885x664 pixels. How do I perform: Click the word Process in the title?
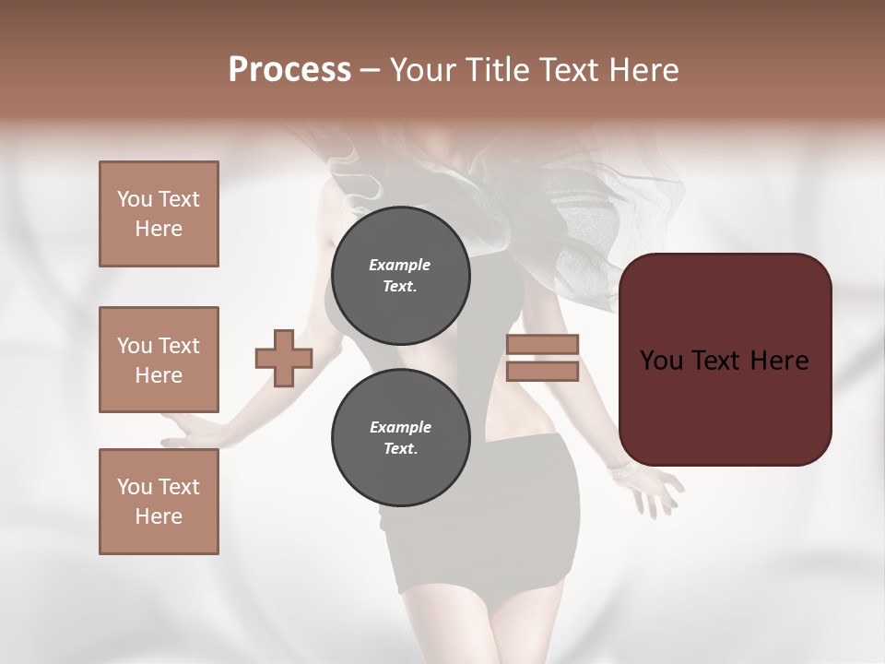(x=289, y=70)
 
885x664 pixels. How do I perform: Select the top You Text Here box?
(x=159, y=214)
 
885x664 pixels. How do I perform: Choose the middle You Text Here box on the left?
(x=159, y=360)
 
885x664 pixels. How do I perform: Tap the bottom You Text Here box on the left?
(x=159, y=501)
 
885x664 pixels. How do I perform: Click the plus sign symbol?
(x=284, y=359)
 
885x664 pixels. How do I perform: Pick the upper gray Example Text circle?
(x=400, y=275)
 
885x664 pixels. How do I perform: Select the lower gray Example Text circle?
(x=400, y=437)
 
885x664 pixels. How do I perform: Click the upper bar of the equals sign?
(x=542, y=345)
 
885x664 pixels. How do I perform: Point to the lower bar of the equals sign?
(x=542, y=372)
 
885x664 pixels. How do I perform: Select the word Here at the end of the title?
(x=645, y=70)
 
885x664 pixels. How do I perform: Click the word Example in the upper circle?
(x=400, y=265)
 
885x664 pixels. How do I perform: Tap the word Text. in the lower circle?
(x=400, y=449)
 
